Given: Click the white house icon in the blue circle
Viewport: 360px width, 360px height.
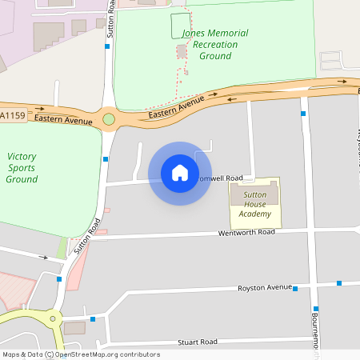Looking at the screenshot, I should [x=180, y=173].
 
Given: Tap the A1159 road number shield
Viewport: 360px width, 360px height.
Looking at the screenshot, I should [x=13, y=117].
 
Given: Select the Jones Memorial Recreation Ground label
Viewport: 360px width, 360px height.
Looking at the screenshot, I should [x=210, y=45].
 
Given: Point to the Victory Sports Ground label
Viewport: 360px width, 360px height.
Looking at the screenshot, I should [x=22, y=168].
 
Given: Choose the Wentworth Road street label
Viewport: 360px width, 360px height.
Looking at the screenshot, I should [x=246, y=232].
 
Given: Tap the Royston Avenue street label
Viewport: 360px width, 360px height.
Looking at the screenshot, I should [x=266, y=287].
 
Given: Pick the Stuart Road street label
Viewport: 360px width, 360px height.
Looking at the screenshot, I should [x=197, y=342].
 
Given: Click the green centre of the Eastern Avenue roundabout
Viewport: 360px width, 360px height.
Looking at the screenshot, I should [x=109, y=120].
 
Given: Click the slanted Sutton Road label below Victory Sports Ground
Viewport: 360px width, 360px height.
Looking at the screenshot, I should [x=87, y=237].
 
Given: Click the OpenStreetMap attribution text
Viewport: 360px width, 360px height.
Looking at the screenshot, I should [x=81, y=354].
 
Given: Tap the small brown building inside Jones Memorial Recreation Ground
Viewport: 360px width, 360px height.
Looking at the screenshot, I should [x=182, y=51].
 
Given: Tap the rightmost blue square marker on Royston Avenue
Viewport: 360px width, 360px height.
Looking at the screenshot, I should [x=339, y=283].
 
